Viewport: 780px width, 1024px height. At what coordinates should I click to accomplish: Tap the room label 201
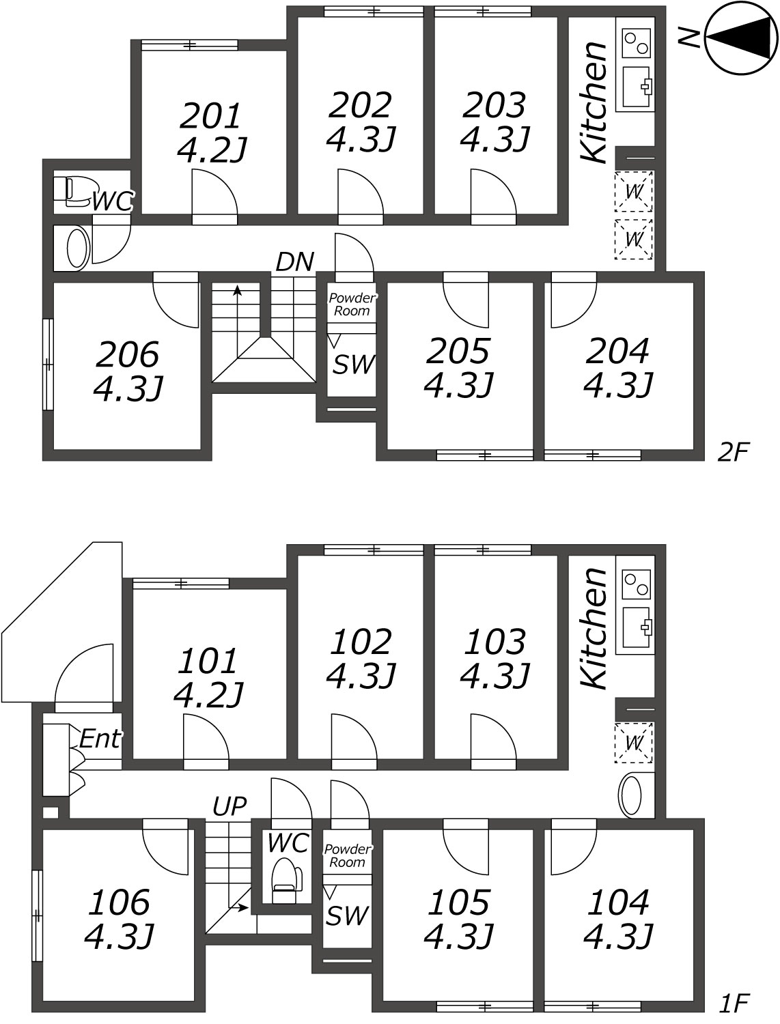(x=210, y=115)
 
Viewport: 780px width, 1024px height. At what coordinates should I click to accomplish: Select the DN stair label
(x=294, y=261)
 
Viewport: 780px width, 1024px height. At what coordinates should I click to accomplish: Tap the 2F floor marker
(x=733, y=452)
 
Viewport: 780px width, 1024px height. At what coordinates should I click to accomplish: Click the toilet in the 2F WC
(x=72, y=193)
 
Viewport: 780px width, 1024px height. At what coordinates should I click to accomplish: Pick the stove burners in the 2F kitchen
(x=637, y=43)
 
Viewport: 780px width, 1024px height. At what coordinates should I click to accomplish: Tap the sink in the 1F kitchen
(x=637, y=627)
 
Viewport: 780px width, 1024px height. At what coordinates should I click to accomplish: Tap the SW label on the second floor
(x=353, y=365)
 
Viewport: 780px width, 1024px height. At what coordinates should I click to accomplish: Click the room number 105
(x=458, y=902)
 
